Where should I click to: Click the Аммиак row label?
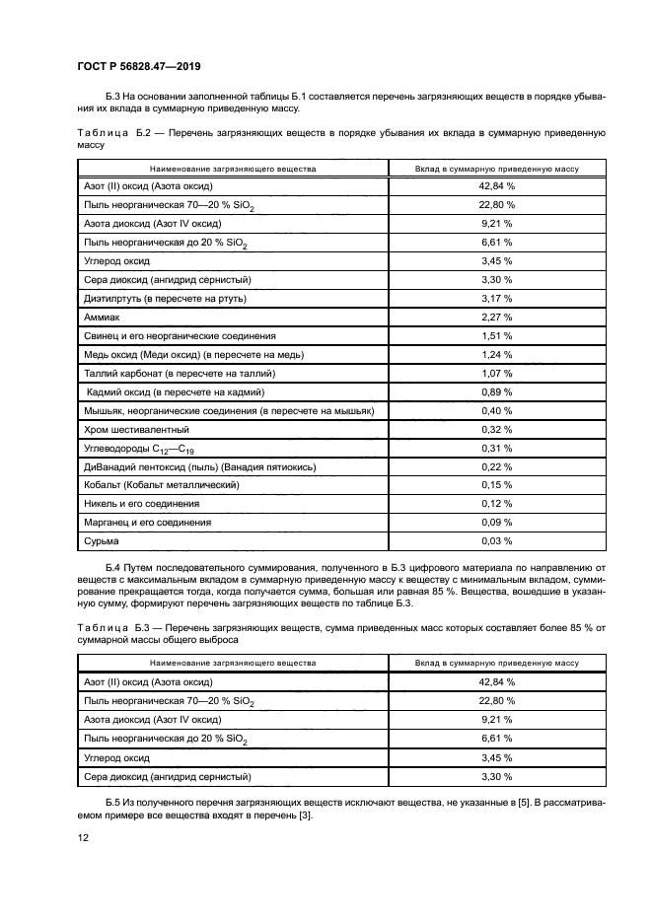point(101,317)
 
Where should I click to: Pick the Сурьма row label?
point(102,541)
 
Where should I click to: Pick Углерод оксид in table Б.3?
point(117,757)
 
